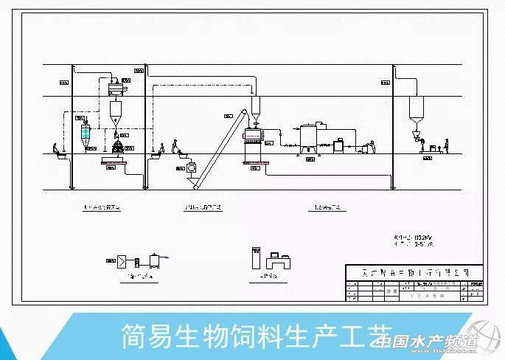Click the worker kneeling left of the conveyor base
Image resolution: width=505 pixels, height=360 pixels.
pos(175,147)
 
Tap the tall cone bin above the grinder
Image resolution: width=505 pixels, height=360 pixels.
pos(116,112)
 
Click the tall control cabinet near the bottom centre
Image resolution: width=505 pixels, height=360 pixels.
pos(255,257)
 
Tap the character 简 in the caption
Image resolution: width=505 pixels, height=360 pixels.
pos(134,336)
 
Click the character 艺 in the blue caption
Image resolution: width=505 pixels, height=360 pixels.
pos(381,336)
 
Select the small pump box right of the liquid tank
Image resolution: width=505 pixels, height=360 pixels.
pos(339,145)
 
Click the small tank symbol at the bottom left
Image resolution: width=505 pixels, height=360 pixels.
pos(155,260)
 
